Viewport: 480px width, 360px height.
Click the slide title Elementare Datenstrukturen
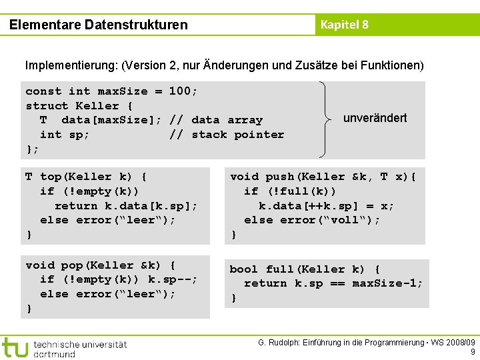point(99,25)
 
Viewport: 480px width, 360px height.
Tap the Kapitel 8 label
point(344,25)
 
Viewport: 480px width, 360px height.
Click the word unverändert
point(375,118)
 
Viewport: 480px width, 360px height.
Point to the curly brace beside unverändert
point(325,119)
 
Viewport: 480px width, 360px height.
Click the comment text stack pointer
point(237,135)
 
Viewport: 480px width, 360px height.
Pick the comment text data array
point(227,120)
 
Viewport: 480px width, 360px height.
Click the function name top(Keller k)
point(86,177)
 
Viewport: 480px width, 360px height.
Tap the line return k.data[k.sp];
point(126,206)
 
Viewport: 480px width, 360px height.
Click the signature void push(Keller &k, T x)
point(323,177)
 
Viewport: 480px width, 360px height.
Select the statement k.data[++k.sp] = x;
point(326,206)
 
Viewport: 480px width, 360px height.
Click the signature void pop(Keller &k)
point(101,265)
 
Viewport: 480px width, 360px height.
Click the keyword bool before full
point(244,269)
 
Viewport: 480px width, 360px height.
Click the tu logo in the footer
point(15,347)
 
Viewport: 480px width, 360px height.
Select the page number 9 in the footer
point(472,352)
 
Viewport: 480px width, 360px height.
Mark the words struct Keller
point(72,106)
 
